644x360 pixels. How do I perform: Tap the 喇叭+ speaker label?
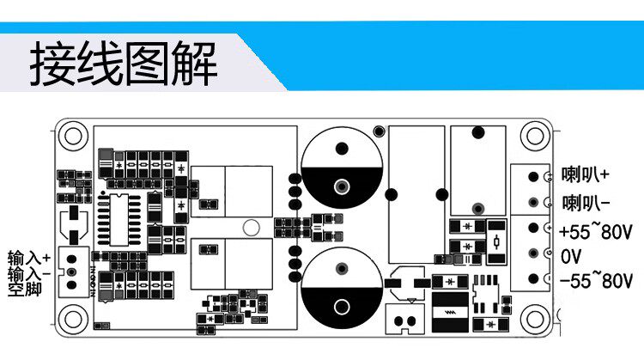pos(586,175)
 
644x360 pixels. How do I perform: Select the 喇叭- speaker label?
pos(586,203)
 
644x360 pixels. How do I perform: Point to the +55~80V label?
pos(596,232)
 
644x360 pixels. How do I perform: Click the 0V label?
pos(572,256)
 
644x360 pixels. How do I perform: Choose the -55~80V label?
pos(596,280)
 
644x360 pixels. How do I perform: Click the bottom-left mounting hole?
pos(72,322)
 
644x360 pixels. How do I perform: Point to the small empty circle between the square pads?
pos(251,228)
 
